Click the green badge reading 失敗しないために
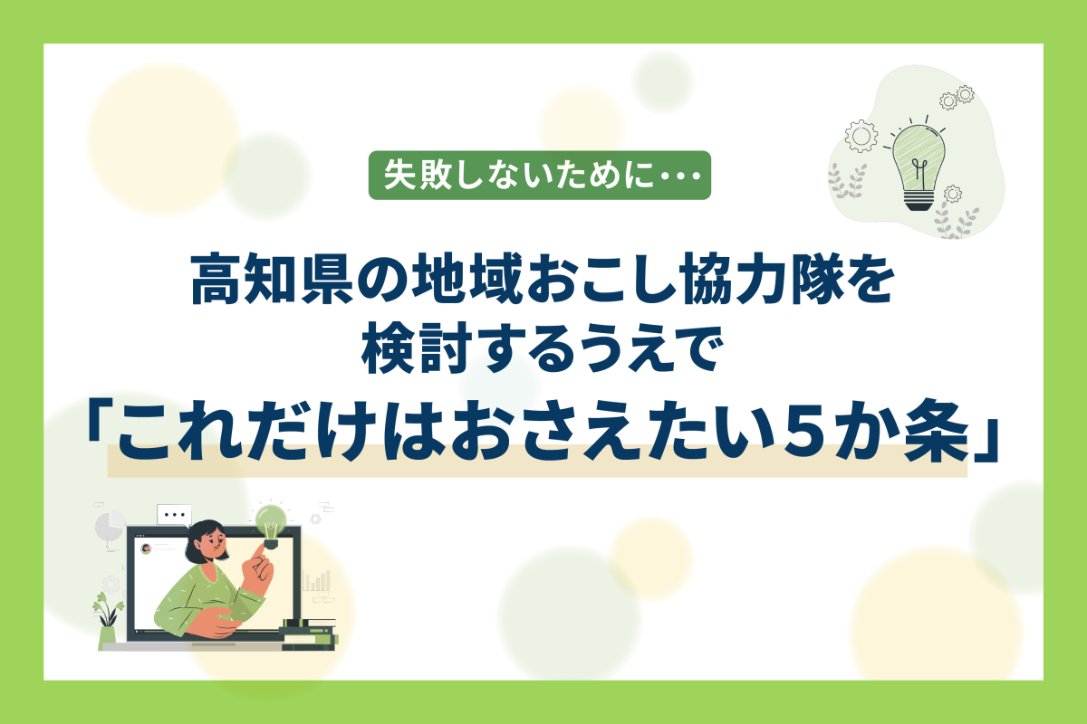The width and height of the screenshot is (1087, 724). point(540,175)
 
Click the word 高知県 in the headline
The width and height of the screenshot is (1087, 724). point(273,280)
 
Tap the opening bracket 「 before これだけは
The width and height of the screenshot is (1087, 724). point(100,416)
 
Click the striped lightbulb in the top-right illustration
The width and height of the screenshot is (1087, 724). point(919,166)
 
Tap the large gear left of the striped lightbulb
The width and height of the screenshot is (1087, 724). point(861,137)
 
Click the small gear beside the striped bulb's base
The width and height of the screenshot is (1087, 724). point(953,194)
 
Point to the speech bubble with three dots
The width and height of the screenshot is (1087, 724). point(174,515)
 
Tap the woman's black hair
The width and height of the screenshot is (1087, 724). point(203,540)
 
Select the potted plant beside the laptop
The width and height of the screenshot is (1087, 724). point(107,621)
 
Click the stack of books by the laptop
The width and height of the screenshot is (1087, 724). point(309,634)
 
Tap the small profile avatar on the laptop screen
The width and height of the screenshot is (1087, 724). point(146,548)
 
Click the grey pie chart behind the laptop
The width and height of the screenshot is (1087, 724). point(110,525)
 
